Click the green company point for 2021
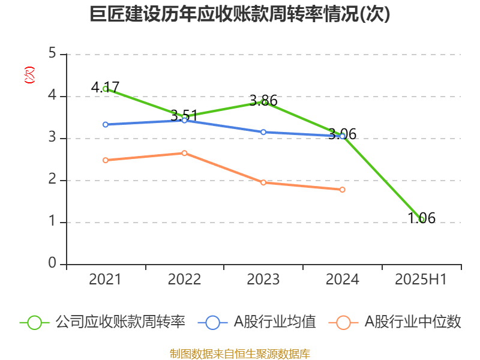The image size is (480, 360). coord(105,89)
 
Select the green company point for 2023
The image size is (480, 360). coord(263,102)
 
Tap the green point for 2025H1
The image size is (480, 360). coord(422,220)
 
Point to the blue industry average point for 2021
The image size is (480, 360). coord(105,125)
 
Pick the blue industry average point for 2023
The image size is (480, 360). coord(263,132)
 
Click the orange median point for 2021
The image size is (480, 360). coord(105,160)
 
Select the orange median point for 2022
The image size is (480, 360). coord(184,153)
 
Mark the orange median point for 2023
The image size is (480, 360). coord(263,182)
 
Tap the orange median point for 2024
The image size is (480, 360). coord(343,190)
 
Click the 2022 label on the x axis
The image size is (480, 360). coord(184,280)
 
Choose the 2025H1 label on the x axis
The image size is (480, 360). coord(421,280)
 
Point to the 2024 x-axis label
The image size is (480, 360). coord(343,280)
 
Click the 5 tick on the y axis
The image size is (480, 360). coord(52,54)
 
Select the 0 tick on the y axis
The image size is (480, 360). coord(52,264)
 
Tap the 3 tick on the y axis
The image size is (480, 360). coord(52,138)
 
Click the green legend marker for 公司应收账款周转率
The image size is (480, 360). coord(34,322)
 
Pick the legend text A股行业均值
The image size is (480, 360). coord(275,322)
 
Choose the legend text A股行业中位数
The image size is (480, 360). coord(413,322)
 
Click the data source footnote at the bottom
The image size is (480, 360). coord(240,353)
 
